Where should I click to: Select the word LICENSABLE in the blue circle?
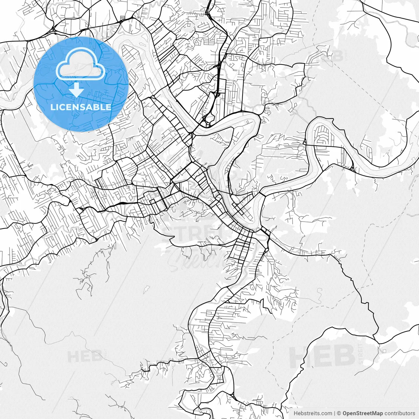pos(81,107)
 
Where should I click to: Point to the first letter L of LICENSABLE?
pos(52,107)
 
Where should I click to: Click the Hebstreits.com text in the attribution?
pos(313,413)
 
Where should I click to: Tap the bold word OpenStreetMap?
pos(362,413)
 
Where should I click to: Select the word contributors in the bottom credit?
pos(399,413)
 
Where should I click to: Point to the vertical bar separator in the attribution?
pos(335,413)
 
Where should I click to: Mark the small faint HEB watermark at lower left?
pos(81,356)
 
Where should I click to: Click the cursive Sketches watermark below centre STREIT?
pos(196,260)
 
